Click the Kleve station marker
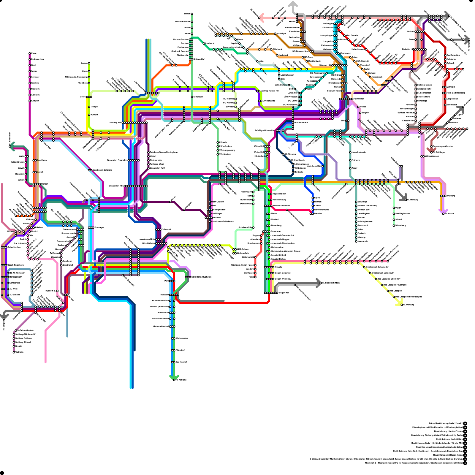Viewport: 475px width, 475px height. coord(30,53)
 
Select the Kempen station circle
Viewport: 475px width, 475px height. coord(30,101)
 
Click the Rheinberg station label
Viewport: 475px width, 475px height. coord(83,83)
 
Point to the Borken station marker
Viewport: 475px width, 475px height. coord(192,14)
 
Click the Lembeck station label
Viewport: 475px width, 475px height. coord(210,43)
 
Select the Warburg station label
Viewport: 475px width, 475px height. coord(451,196)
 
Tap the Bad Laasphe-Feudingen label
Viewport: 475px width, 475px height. coord(395,285)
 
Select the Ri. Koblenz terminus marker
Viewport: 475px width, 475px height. coord(174,380)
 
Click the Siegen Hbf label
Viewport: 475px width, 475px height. coord(284,293)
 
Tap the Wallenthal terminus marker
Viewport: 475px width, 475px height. coord(14,352)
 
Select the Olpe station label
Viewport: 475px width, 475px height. coord(252,277)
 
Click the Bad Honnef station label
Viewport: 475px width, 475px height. coord(181,362)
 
